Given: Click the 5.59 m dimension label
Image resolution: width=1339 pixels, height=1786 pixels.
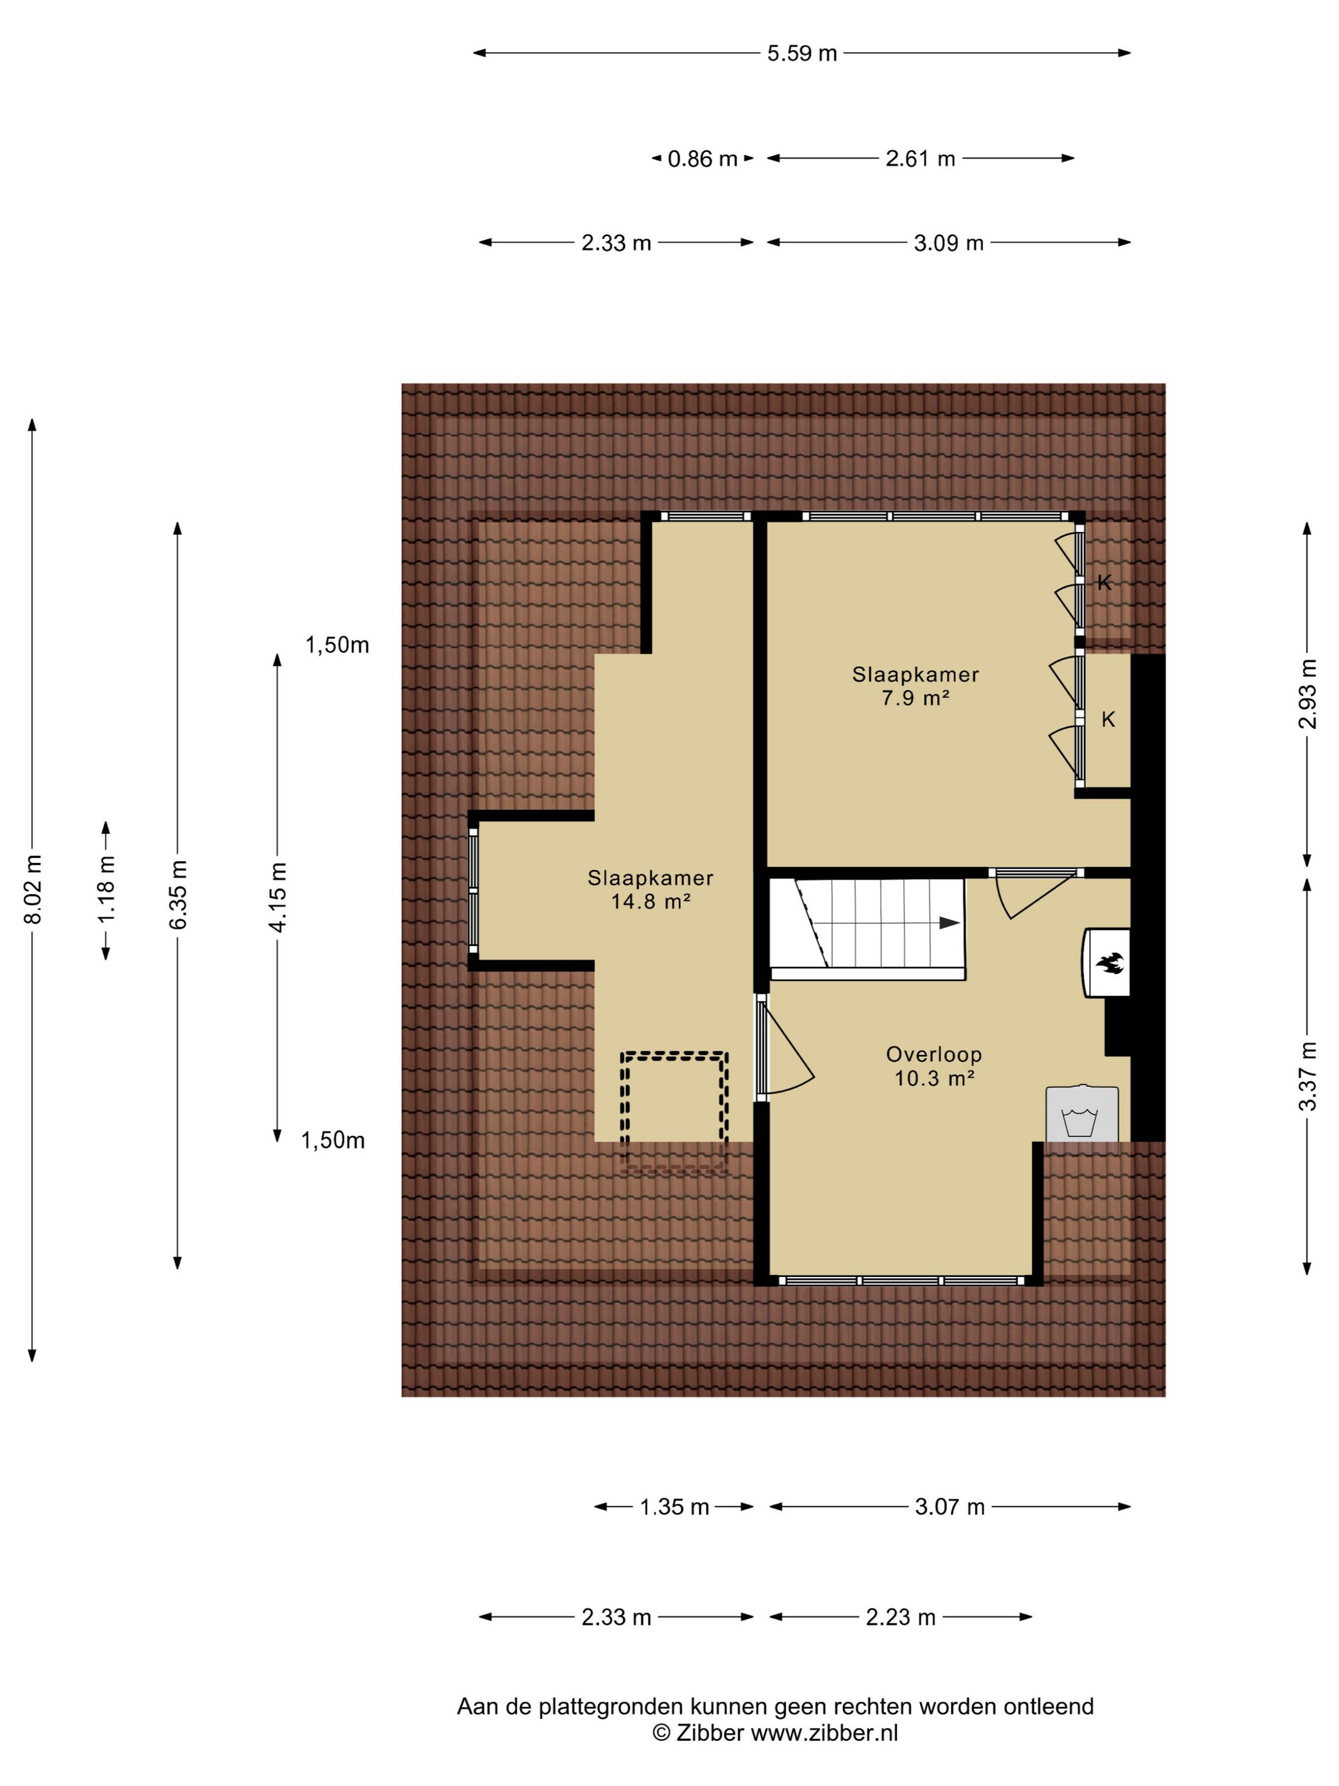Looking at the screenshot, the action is coord(801,54).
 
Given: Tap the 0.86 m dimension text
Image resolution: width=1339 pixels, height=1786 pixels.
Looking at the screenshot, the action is coord(702,159).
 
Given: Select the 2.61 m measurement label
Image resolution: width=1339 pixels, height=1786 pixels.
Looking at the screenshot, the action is coord(920,159).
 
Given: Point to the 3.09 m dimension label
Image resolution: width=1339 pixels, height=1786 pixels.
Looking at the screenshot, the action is coord(948,243).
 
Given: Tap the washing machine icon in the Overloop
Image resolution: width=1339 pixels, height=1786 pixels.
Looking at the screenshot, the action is coord(1081,1114).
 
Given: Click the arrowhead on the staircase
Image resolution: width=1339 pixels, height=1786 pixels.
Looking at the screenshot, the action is coord(949,923).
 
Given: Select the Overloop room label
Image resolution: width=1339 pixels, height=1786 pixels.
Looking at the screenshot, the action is coord(934,1054).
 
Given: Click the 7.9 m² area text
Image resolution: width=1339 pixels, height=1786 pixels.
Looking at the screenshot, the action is coord(915,698).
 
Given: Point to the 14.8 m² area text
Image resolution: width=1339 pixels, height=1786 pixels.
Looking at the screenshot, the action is coord(650,901).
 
